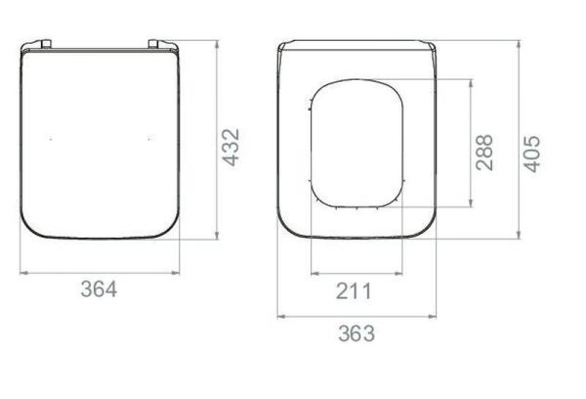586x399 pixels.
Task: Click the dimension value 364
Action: click(x=99, y=289)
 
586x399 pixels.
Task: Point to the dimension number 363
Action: click(x=356, y=333)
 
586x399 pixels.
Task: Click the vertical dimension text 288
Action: click(x=484, y=152)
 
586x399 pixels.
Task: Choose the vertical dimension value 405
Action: click(x=532, y=154)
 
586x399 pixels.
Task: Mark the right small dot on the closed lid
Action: click(x=148, y=140)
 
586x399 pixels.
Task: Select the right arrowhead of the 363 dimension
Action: click(x=434, y=316)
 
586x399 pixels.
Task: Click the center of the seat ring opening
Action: click(x=356, y=144)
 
